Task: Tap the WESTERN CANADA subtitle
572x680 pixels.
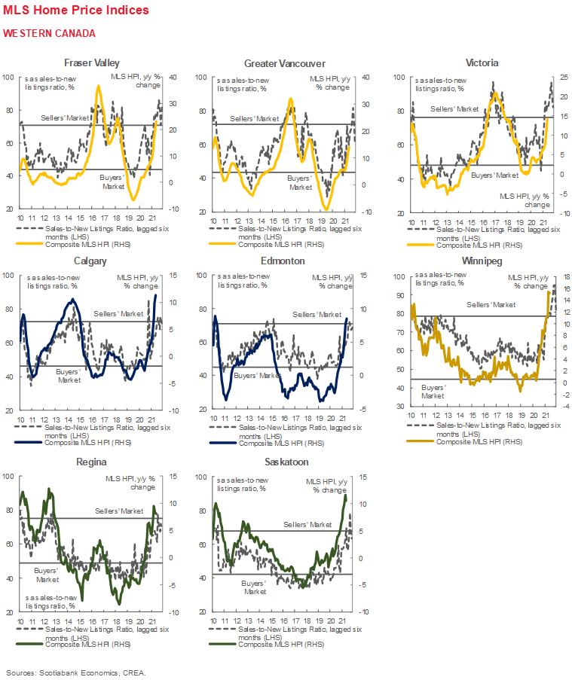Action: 49,33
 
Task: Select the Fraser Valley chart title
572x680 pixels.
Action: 91,63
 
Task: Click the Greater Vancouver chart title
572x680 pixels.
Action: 284,63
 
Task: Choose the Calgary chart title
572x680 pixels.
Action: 90,261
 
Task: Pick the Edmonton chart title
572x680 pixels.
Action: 283,261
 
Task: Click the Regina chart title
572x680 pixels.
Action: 90,461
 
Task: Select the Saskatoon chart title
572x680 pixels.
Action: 283,461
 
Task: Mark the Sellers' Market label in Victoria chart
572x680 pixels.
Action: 454,109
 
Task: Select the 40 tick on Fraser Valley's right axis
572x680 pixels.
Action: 173,78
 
